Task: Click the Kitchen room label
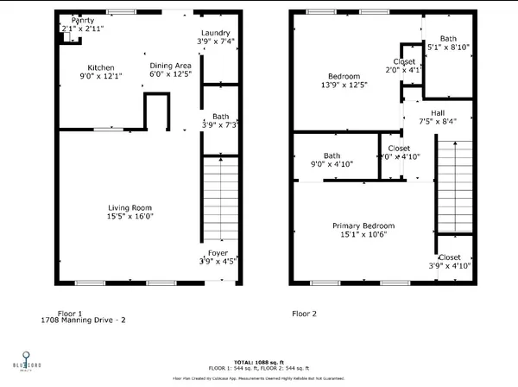click(101, 67)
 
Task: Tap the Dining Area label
click(170, 66)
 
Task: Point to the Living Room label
click(129, 207)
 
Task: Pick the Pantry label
click(83, 20)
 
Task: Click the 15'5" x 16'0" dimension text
click(129, 217)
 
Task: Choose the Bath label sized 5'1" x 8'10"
click(448, 38)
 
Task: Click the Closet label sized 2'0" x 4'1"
click(404, 61)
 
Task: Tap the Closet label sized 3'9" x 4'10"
click(450, 257)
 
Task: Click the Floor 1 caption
click(70, 313)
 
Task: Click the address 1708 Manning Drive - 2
click(84, 320)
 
